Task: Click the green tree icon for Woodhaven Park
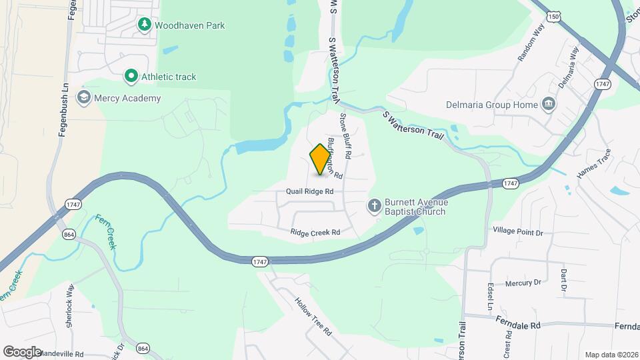[144, 25]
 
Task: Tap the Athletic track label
[168, 77]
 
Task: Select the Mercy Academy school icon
[83, 98]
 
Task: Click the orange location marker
[321, 159]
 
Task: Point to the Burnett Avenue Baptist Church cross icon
[375, 207]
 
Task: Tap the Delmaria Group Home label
[492, 105]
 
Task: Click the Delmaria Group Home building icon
[549, 104]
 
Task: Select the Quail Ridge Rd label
[309, 191]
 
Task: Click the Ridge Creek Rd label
[315, 232]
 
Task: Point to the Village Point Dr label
[518, 231]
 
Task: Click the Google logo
[22, 351]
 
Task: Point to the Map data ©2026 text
[610, 355]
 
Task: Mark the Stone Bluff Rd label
[345, 135]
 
